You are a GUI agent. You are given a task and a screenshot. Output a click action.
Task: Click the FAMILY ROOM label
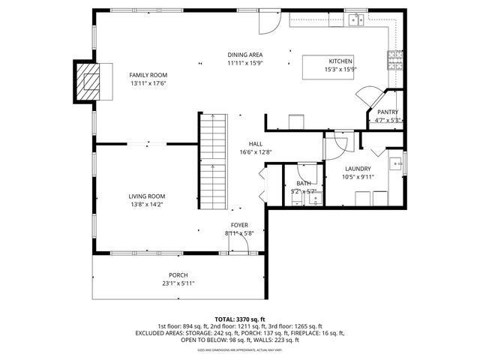click(148, 75)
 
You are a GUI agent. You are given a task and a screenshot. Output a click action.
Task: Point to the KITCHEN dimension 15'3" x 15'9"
click(340, 69)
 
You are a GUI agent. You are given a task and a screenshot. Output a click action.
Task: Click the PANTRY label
click(387, 112)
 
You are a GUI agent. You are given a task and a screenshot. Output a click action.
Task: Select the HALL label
click(256, 144)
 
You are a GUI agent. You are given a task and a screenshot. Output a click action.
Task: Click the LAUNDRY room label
click(358, 169)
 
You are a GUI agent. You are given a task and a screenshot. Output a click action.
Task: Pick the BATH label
click(304, 183)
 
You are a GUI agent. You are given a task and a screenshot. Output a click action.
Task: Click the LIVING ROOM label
click(146, 196)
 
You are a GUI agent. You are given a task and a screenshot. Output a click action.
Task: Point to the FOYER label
click(239, 224)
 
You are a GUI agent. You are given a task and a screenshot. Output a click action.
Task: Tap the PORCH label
click(178, 274)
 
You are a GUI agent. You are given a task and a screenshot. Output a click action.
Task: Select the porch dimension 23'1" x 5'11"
click(178, 283)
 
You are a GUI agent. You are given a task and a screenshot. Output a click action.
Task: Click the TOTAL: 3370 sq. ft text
click(239, 319)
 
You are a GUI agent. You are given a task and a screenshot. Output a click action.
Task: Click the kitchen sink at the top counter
click(354, 19)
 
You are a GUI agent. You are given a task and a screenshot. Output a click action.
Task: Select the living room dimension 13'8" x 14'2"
click(146, 204)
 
